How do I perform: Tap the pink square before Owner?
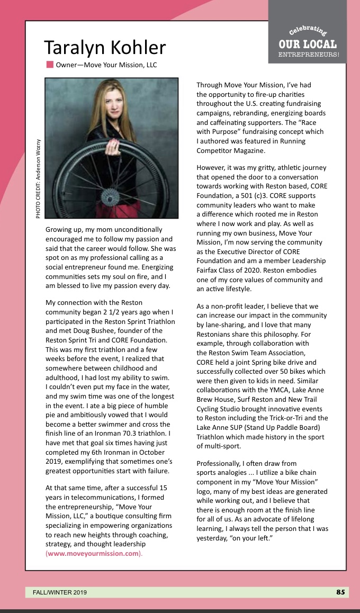(x=50, y=65)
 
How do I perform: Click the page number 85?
(x=341, y=592)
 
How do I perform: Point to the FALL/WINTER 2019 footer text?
(x=57, y=592)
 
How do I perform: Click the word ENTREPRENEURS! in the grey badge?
(x=308, y=55)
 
